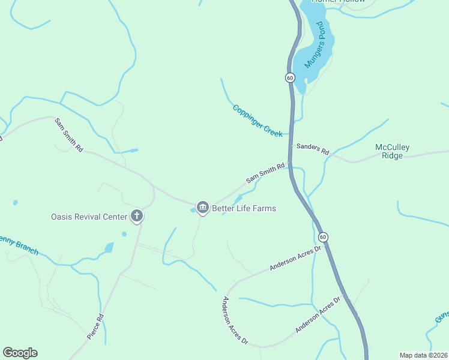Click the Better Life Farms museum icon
(202, 208)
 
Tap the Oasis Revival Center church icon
(137, 216)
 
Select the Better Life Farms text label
(244, 208)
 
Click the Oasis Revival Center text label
(89, 217)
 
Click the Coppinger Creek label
(258, 121)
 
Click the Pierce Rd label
(95, 326)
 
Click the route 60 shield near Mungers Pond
(290, 78)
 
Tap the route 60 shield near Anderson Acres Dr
(323, 237)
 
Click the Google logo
(20, 353)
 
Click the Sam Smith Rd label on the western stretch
(68, 135)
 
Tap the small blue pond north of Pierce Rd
(109, 247)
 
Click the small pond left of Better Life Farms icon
(193, 210)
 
